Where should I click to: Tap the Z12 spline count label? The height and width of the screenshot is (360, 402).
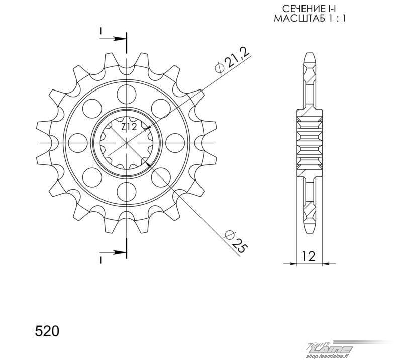[x=129, y=127]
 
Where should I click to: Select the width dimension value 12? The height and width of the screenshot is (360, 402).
[x=309, y=256]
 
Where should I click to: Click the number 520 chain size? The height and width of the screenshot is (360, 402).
[x=47, y=331]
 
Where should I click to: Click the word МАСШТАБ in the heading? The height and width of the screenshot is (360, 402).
[x=297, y=18]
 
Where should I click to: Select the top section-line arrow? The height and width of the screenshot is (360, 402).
[x=113, y=39]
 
